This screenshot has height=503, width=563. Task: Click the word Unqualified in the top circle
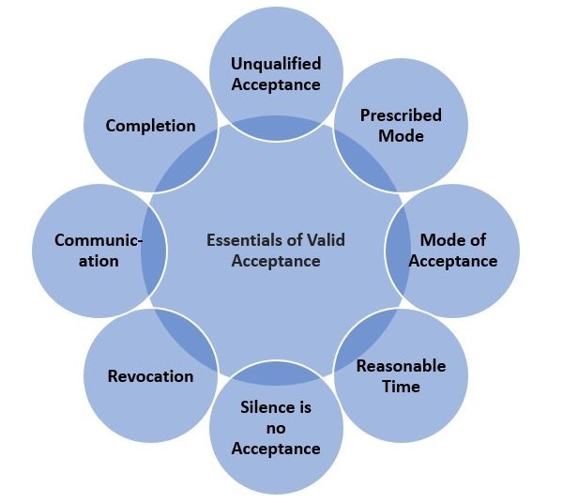(x=276, y=64)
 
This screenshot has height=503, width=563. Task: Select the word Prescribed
(x=401, y=115)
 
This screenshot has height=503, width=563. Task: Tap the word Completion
(x=150, y=125)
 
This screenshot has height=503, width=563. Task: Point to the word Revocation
(x=151, y=375)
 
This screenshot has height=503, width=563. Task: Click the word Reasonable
(x=401, y=365)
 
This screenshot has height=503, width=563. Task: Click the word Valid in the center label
(x=324, y=239)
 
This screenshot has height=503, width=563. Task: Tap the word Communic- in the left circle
(x=99, y=240)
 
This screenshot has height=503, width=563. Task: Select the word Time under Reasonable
(x=401, y=386)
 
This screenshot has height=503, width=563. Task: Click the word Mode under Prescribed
(x=401, y=136)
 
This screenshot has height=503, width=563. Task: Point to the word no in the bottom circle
(x=276, y=428)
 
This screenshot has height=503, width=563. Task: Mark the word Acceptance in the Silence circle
(x=276, y=449)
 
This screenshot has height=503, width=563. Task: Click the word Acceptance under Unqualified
(x=276, y=84)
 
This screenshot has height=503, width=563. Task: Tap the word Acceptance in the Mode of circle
(x=452, y=261)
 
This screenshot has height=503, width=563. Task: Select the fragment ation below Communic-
(x=99, y=261)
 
